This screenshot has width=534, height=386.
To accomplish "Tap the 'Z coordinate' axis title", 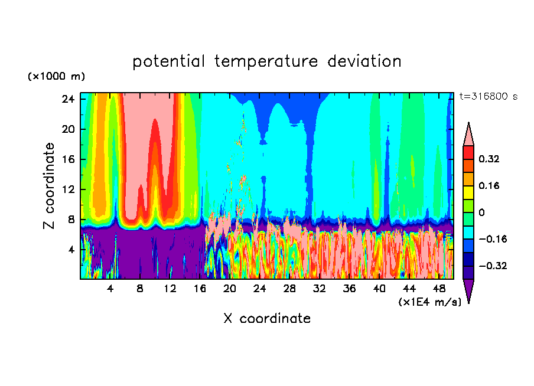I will pos(50,185).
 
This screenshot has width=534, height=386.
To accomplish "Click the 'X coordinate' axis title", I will pos(267,319).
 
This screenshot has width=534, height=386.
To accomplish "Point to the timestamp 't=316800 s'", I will pos(488,97).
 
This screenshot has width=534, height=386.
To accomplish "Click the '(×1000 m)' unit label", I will pos(56,77).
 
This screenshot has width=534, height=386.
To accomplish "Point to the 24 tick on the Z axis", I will pos(68,99).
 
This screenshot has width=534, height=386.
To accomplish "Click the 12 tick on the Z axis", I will pos(68,189).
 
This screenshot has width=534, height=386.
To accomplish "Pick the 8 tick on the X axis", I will pos(140,289).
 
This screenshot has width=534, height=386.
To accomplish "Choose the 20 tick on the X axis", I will pos(230,289).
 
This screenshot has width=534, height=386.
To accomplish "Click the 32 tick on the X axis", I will pos(320,289).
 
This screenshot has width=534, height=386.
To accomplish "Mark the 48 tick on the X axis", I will pos(439,289).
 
